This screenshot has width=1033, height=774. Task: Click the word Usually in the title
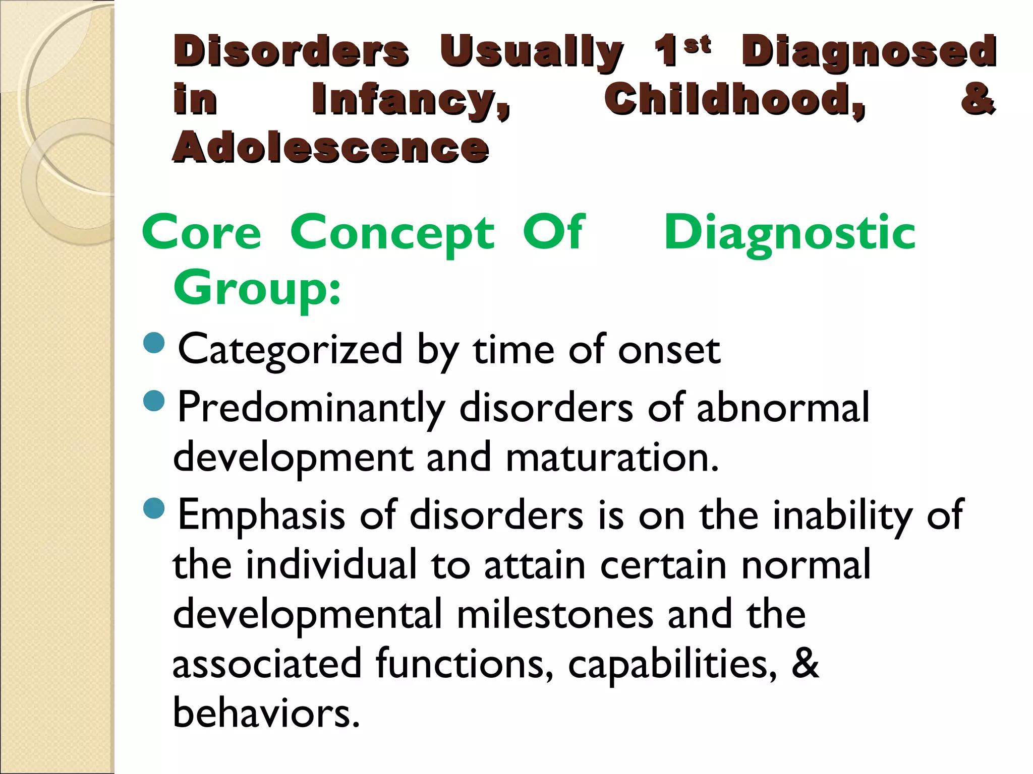pos(531,53)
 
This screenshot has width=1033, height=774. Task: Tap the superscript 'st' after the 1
pos(698,45)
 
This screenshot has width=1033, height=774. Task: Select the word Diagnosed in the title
pos(869,53)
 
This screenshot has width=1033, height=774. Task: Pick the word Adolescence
pos(331,147)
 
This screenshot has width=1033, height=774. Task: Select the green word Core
pos(202,232)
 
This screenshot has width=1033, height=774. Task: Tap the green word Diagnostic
pos(789,232)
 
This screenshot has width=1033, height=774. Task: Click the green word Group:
pos(257,288)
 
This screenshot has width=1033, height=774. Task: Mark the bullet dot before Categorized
pos(154,343)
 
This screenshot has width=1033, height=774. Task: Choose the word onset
pos(669,350)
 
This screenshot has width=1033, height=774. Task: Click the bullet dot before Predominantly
pos(154,401)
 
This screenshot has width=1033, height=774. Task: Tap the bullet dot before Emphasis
pos(154,508)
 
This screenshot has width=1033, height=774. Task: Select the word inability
pos(842,515)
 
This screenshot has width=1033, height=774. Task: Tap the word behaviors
pos(266,713)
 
